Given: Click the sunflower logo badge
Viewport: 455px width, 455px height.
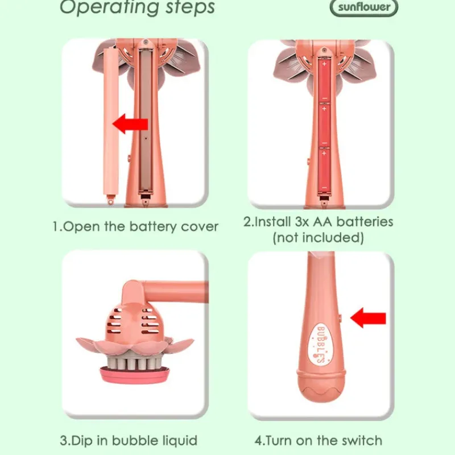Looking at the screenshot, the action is [x=364, y=7].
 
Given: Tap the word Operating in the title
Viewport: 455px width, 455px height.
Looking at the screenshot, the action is [x=109, y=7].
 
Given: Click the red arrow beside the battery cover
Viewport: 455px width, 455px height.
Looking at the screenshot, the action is [x=130, y=123].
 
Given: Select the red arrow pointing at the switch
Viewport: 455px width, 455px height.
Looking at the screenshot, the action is [x=368, y=318].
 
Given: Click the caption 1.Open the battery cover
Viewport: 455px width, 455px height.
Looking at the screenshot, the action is [x=135, y=226].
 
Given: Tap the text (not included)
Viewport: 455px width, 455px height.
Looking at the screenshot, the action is [x=318, y=237].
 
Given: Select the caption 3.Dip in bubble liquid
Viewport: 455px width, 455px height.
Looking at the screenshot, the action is [x=129, y=440].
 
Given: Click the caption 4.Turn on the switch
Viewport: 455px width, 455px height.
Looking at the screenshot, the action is [x=318, y=440].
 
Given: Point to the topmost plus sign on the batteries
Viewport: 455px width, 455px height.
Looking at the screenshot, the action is [x=324, y=64].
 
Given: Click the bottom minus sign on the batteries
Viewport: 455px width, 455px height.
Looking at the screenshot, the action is [x=324, y=188].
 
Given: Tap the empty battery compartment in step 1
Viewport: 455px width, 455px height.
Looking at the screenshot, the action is [x=146, y=121].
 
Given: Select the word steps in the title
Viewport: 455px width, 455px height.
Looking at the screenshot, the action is [x=190, y=7].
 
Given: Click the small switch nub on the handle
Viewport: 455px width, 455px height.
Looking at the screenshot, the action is [x=340, y=318].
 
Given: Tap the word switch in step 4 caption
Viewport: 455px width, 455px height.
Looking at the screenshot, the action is [x=362, y=440].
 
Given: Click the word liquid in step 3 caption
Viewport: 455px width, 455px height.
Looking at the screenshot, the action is [x=180, y=441].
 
